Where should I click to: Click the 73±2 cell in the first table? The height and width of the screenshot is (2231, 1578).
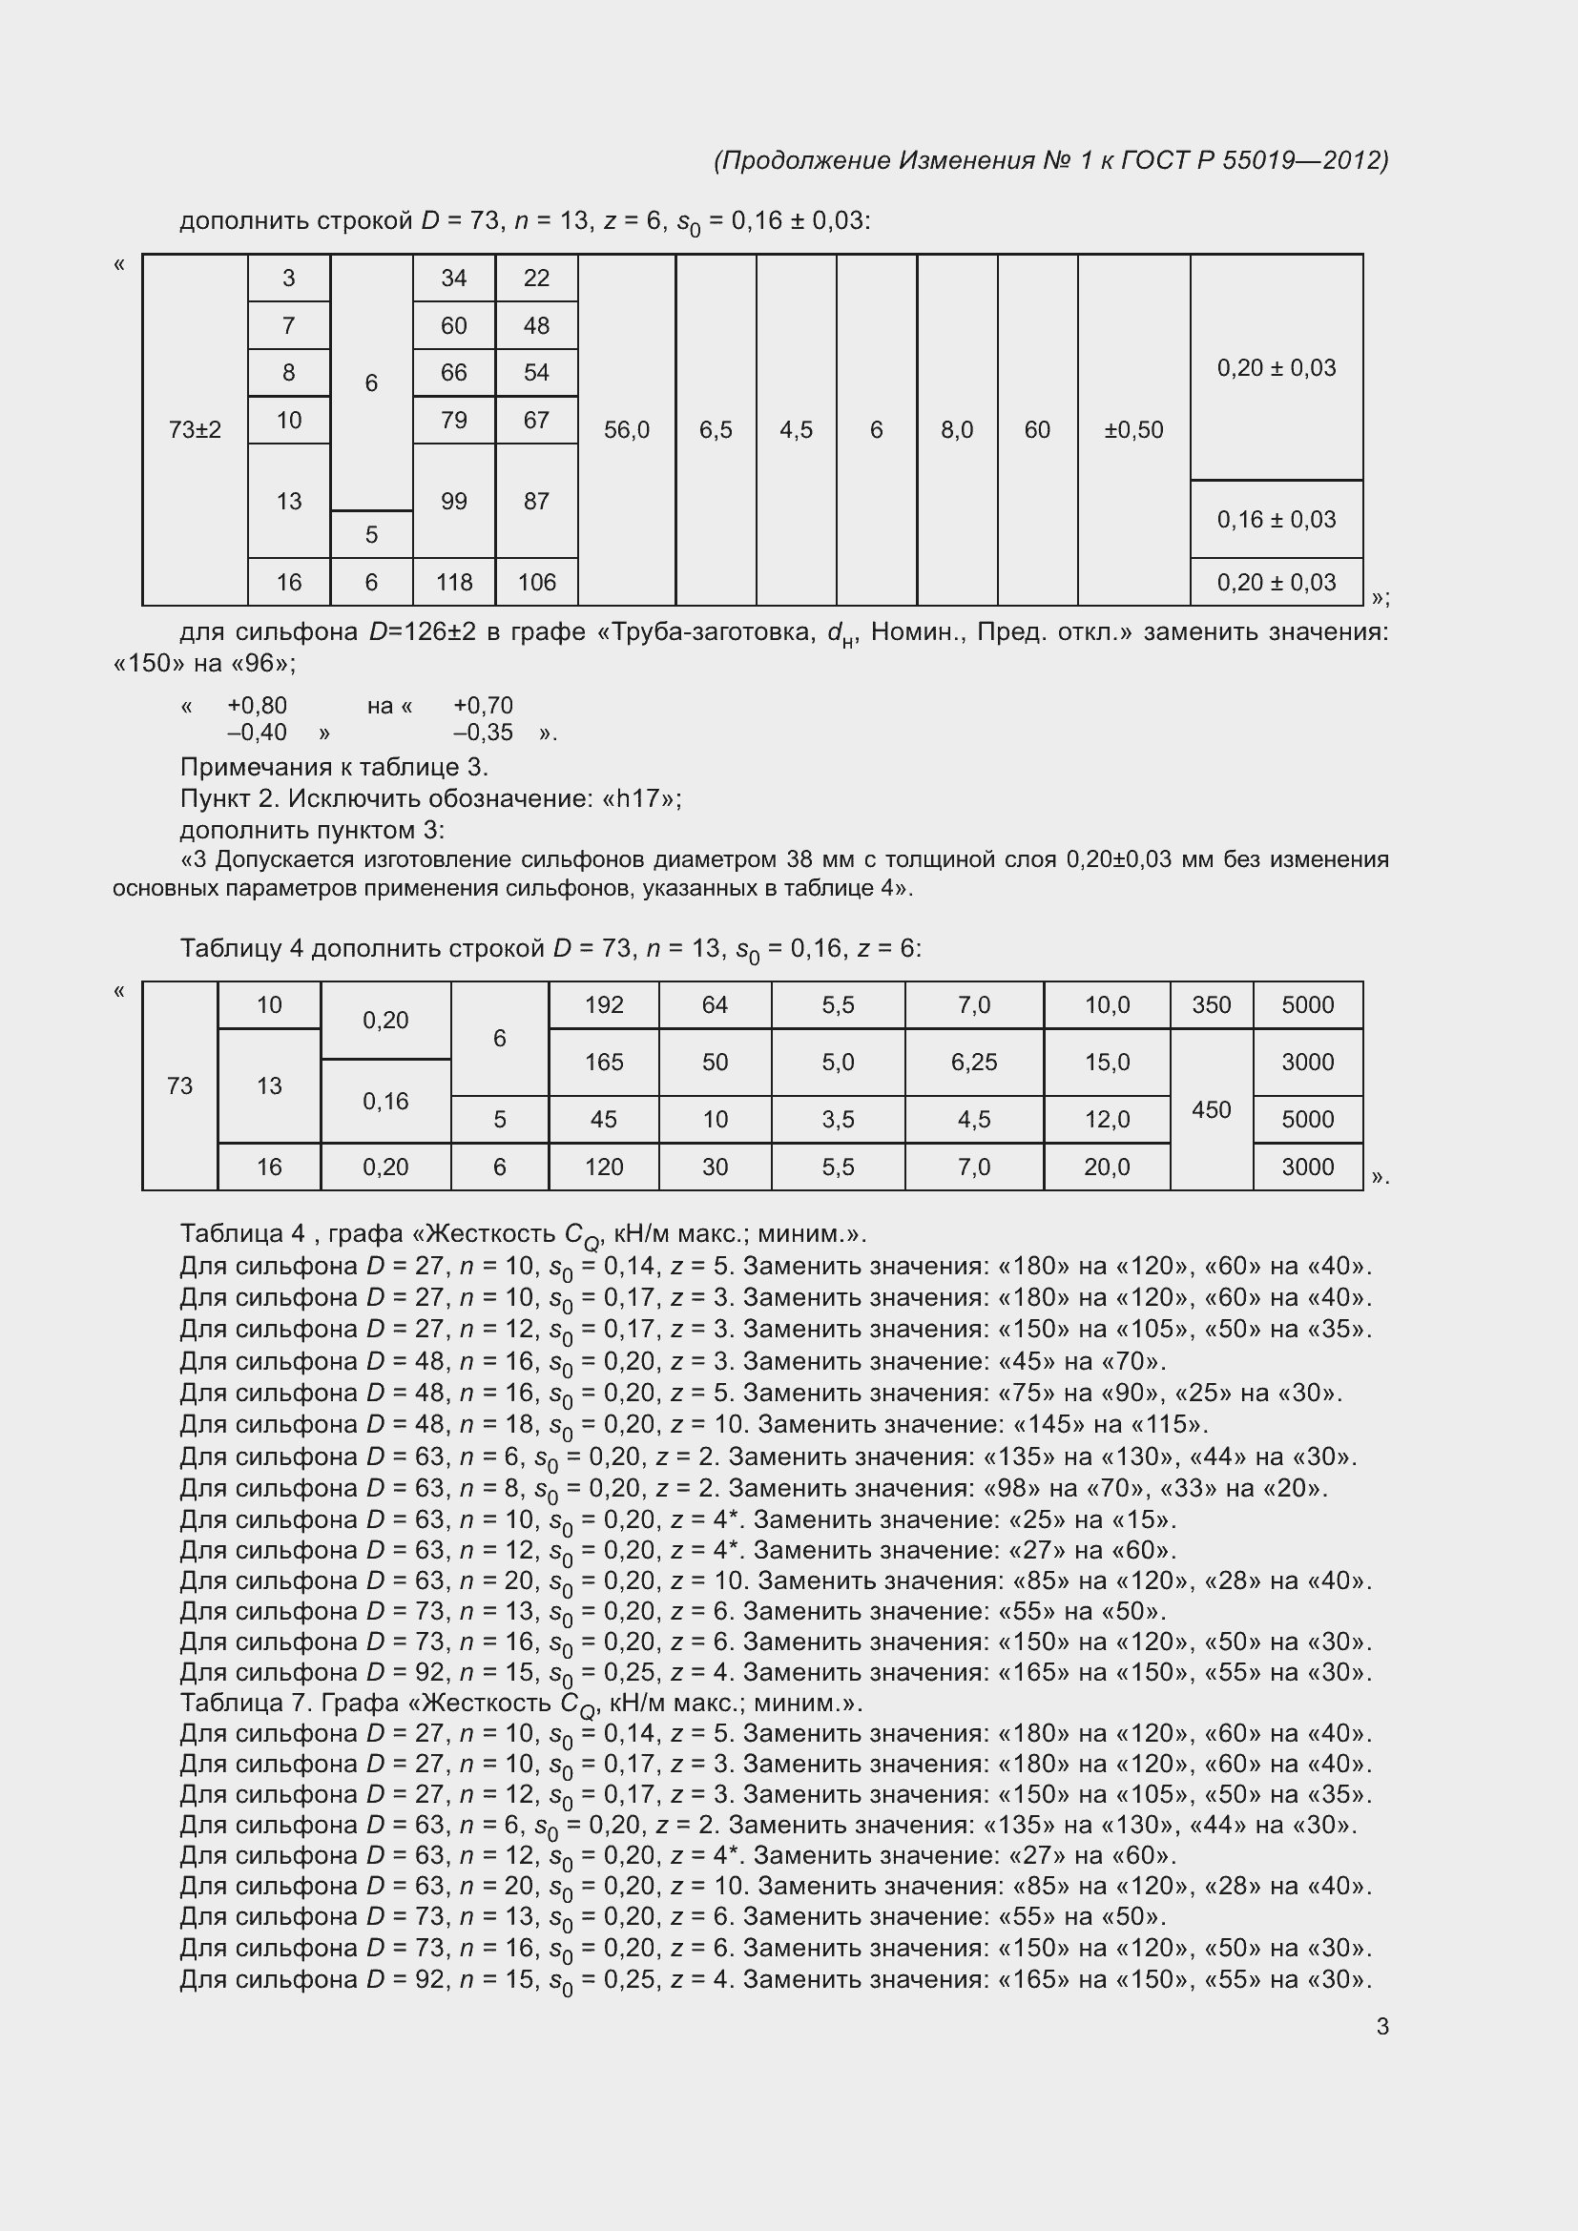point(195,429)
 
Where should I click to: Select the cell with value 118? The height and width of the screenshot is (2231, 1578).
point(454,582)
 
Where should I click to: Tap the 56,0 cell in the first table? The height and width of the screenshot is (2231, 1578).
point(627,429)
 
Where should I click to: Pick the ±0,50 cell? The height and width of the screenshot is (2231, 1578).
point(1133,429)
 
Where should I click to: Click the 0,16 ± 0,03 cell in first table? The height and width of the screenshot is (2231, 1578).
point(1276,519)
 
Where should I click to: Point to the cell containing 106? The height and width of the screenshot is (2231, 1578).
point(536,582)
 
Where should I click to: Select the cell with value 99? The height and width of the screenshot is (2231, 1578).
point(454,502)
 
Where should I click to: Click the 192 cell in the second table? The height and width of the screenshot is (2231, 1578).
point(603,1004)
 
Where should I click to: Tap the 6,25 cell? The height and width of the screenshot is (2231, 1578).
point(974,1062)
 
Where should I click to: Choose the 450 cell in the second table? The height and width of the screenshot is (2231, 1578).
point(1211,1109)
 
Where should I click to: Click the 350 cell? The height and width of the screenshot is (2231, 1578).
point(1211,1004)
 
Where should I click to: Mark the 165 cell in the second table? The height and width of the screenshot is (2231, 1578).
point(603,1062)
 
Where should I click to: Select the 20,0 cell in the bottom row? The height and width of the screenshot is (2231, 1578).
point(1107,1167)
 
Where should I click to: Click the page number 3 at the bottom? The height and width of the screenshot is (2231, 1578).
point(1381,2027)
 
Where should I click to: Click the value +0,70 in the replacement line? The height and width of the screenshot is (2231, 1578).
point(483,706)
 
